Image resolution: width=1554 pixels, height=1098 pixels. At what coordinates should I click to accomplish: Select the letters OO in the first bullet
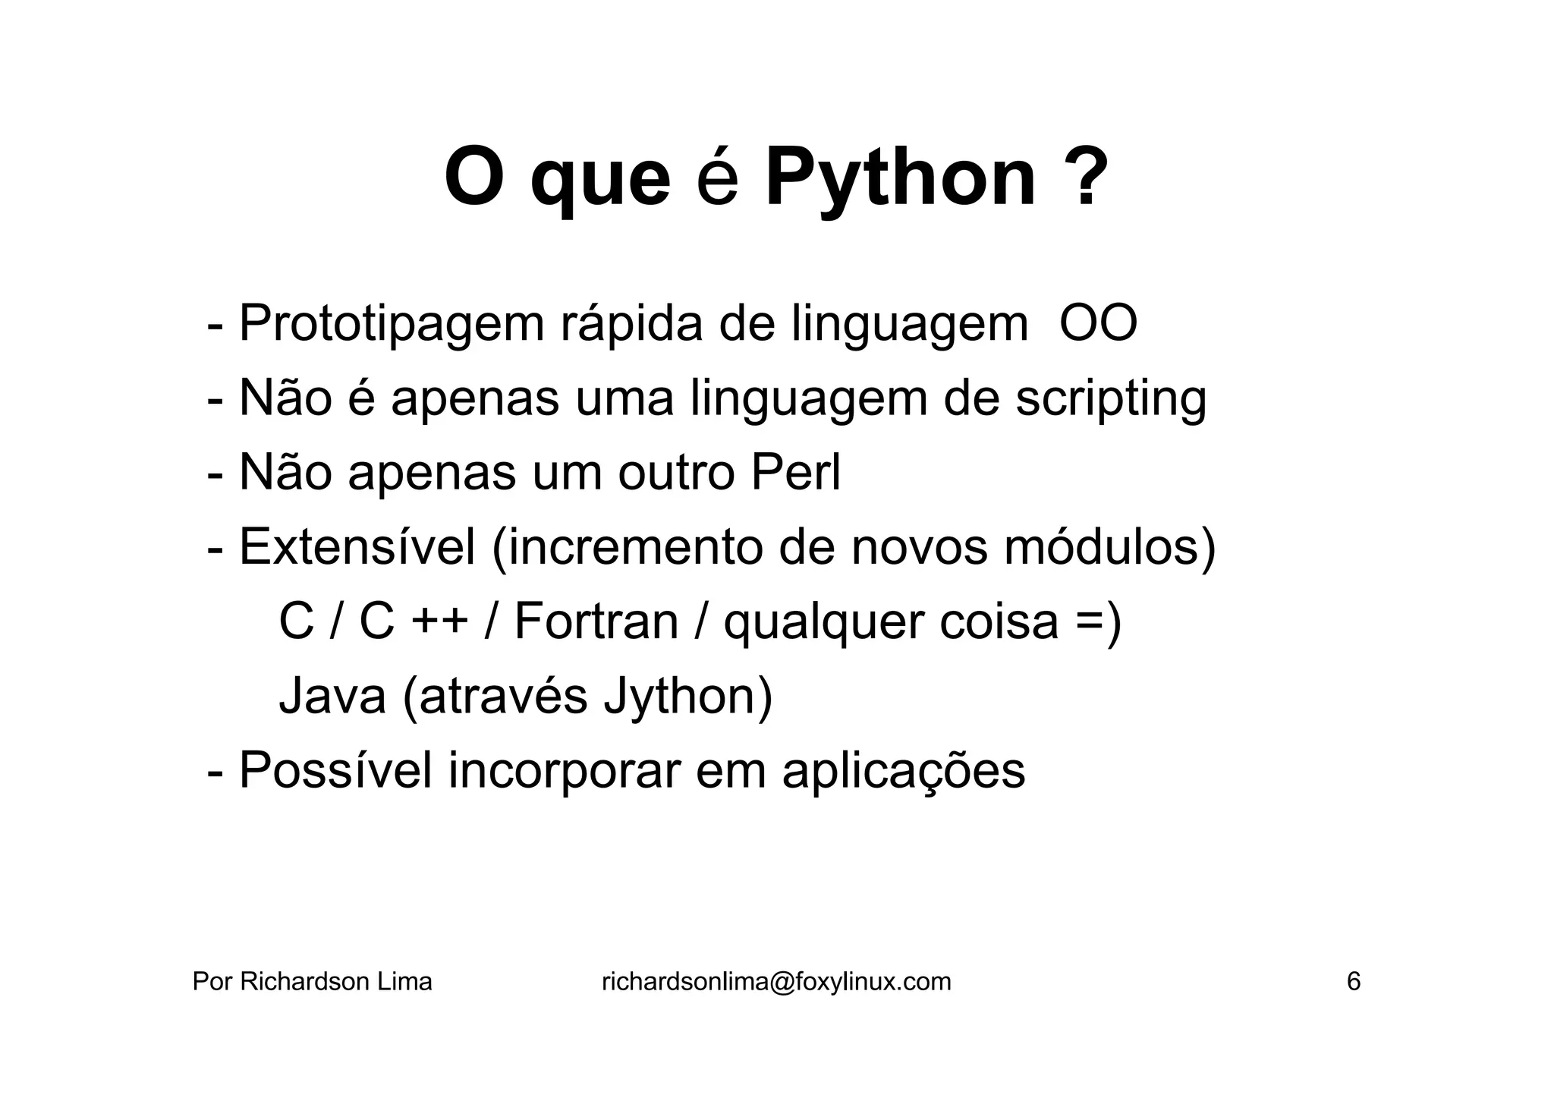[1098, 324]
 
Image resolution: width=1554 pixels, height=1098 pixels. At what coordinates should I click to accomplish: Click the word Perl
[795, 473]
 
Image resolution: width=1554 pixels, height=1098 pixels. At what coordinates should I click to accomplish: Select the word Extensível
[357, 546]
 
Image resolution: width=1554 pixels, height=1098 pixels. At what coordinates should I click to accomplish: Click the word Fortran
[596, 621]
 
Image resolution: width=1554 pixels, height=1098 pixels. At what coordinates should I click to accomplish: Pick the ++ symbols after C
[439, 621]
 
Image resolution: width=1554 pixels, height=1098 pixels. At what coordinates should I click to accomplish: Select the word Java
[332, 696]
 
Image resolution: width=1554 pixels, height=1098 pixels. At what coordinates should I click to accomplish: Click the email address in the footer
[775, 982]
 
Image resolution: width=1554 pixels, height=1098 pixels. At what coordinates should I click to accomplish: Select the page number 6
[1353, 982]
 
